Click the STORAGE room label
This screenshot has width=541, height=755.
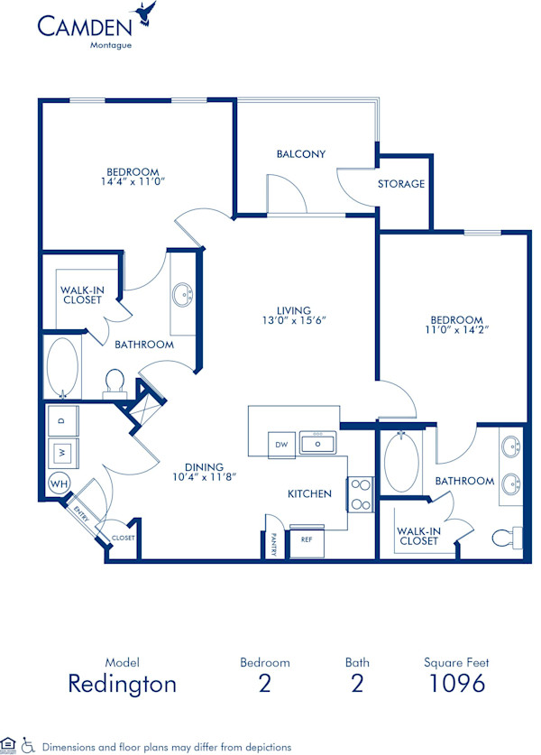(401, 184)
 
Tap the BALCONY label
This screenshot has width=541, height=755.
(300, 154)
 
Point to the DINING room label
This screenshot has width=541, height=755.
(204, 466)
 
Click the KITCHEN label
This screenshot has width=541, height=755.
(309, 493)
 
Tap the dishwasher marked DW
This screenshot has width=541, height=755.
(280, 444)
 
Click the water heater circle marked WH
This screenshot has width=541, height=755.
(60, 483)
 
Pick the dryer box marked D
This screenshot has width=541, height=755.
(61, 420)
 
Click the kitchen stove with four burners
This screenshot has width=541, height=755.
(361, 493)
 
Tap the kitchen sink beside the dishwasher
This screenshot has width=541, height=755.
(318, 444)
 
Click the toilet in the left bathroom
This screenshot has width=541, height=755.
(115, 382)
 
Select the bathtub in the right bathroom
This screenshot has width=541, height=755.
(401, 463)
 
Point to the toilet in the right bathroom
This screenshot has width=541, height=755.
(507, 538)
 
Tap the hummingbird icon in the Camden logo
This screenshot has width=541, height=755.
(144, 14)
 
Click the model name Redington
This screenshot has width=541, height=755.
(122, 683)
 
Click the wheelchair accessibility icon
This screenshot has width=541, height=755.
(27, 746)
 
